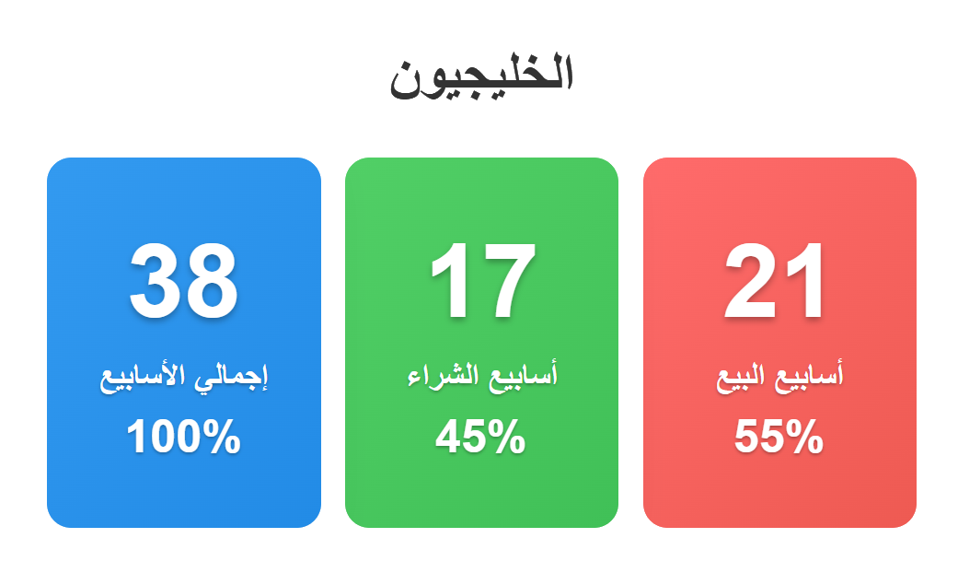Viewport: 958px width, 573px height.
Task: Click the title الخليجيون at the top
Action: [x=481, y=76]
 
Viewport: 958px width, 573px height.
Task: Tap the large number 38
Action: [x=183, y=280]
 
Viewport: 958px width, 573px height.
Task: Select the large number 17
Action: [x=482, y=280]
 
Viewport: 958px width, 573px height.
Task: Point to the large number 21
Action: [x=774, y=280]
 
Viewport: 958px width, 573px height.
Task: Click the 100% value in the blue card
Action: [x=183, y=436]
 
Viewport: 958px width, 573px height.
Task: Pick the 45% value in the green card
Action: [x=480, y=436]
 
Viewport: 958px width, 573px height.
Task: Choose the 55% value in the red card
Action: [x=779, y=436]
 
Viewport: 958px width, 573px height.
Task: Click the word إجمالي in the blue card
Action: [x=231, y=376]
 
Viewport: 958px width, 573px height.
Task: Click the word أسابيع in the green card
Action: [x=523, y=375]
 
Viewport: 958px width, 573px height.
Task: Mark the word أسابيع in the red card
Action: [x=809, y=375]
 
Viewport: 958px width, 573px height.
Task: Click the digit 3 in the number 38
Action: [x=155, y=280]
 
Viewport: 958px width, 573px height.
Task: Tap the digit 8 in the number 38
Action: [x=212, y=280]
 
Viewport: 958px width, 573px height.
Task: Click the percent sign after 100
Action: [x=221, y=436]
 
